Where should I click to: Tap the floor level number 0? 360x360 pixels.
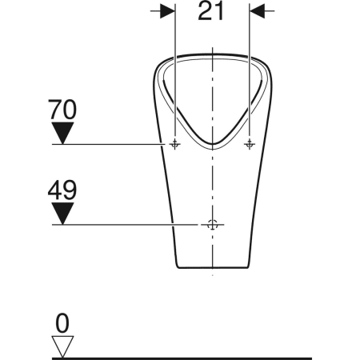coord(62,323)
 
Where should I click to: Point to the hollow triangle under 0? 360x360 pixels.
coord(62,346)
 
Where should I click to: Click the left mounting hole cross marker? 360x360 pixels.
coord(174,144)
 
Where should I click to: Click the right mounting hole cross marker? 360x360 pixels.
coord(250,144)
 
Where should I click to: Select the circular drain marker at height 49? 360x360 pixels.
coord(212,225)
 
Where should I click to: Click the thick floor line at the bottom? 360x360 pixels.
coord(200,357)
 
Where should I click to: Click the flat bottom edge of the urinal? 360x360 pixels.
coord(212,266)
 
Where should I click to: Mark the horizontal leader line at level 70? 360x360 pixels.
coord(112,144)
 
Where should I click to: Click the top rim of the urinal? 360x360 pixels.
coord(212,54)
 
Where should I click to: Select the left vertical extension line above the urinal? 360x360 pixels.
coord(174,32)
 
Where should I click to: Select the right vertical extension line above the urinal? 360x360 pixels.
coord(250,32)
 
